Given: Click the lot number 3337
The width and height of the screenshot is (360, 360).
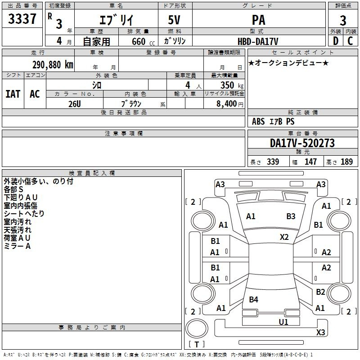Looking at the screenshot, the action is point(22,19).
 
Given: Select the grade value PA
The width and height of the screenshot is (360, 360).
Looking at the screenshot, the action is point(258,20).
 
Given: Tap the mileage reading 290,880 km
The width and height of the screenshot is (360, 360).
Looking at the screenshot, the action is point(53,65).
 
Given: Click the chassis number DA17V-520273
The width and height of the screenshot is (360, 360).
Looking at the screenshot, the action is point(302,143).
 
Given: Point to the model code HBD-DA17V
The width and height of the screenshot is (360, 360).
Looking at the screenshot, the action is point(258,41).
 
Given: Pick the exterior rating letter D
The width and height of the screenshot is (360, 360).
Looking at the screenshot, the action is point(336,41).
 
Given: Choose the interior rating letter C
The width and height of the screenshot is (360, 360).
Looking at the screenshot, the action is point(350,41).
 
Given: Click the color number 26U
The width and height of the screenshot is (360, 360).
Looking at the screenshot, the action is point(75,104).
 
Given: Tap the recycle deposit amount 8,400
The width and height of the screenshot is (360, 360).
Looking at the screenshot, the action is point(227,104).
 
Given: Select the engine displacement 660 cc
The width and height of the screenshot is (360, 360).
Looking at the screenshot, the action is point(143,42).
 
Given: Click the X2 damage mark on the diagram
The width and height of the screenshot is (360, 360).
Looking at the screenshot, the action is point(284,237).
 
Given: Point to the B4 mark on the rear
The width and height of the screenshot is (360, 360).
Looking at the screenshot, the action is point(253,299).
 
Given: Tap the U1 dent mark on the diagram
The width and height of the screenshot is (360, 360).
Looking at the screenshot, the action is point(283,322).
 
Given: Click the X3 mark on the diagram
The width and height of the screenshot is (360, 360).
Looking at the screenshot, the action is point(320,332).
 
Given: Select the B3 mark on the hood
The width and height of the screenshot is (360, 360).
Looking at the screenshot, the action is point(291,216).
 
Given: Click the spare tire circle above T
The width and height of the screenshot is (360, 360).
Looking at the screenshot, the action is point(197,328).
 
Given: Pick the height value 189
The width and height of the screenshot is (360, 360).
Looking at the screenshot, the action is point(346,162).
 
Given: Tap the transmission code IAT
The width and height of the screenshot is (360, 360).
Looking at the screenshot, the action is point(13,94).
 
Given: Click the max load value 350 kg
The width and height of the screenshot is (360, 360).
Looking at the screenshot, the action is point(232,85).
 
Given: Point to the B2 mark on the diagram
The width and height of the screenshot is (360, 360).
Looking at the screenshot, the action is point(320,292).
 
